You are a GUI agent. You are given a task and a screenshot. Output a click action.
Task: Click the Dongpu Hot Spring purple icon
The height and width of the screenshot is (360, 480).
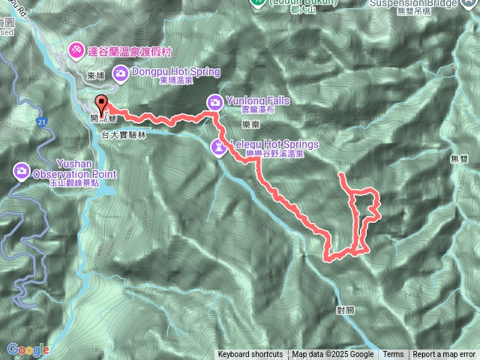point(120,73)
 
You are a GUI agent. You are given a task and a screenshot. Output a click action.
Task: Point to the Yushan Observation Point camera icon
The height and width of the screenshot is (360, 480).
point(20,172)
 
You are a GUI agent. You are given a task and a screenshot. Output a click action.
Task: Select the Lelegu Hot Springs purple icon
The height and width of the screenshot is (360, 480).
point(218,145)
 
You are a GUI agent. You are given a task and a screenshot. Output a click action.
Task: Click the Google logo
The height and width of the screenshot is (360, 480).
point(28,349)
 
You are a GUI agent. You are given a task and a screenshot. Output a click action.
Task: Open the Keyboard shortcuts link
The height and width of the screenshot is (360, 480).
point(250,355)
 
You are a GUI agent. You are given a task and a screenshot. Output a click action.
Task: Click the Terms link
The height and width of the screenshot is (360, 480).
point(393,355)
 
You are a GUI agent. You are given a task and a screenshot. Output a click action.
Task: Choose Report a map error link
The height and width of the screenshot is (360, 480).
point(444,355)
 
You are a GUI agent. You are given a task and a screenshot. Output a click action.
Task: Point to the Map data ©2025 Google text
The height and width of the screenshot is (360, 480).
point(333,355)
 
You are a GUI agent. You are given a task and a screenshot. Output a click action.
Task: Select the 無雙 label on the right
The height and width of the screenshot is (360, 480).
point(458,159)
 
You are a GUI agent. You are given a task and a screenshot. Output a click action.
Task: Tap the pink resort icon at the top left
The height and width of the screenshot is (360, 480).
point(76,50)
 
